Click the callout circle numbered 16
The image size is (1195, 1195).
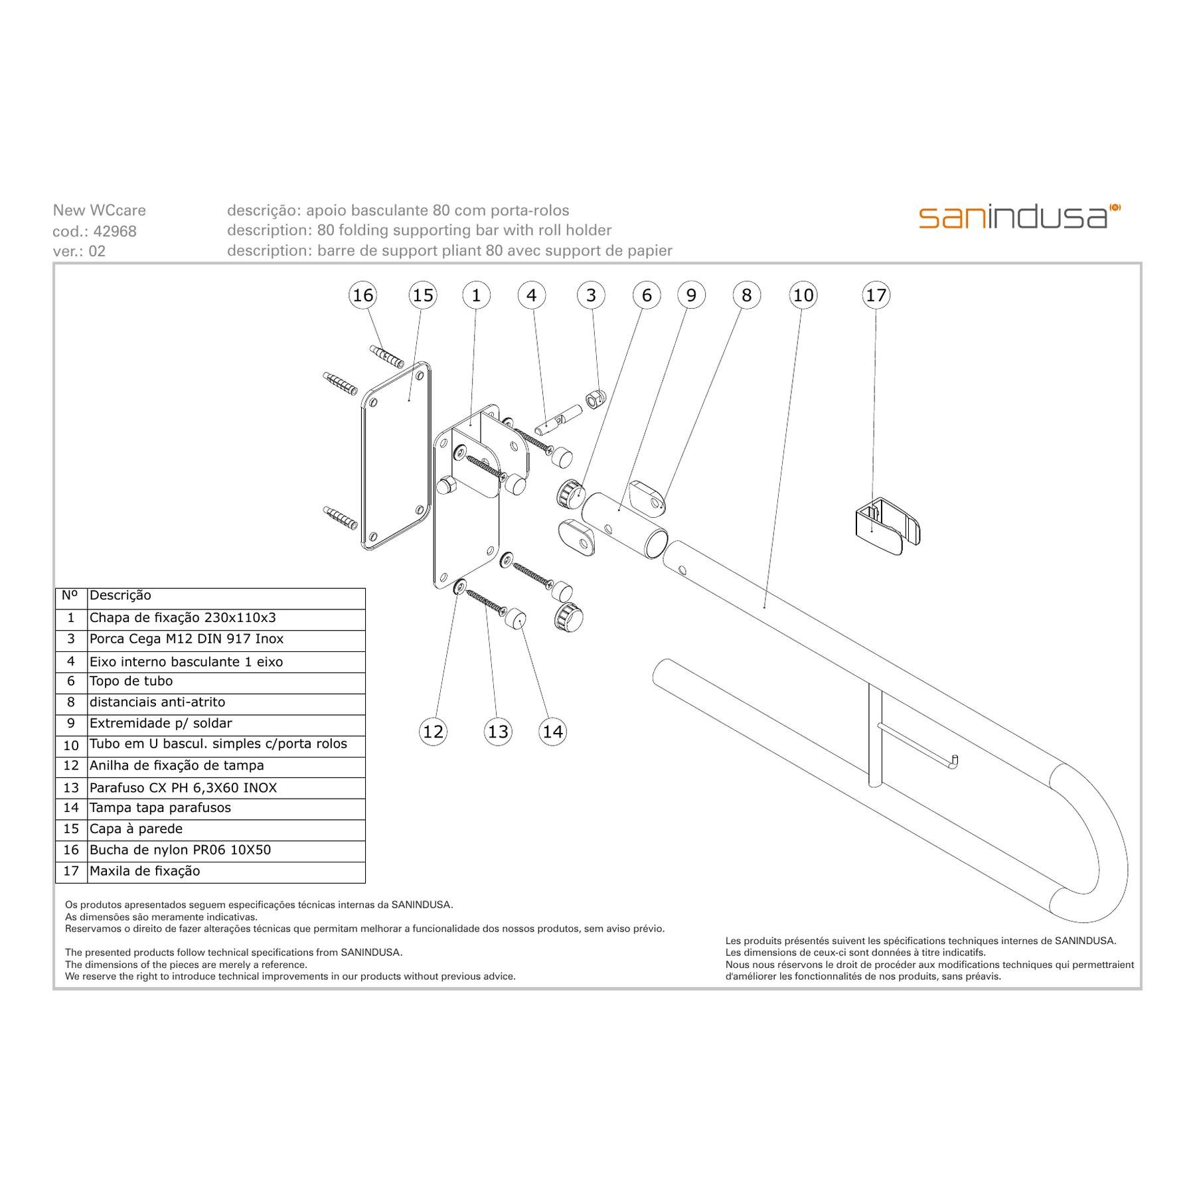(362, 295)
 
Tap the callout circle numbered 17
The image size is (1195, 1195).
(876, 295)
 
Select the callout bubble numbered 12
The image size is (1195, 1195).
(433, 731)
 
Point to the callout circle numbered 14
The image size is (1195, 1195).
(552, 731)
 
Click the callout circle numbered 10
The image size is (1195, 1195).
(803, 295)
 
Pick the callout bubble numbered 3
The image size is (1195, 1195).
(591, 295)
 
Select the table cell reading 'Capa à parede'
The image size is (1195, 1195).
(226, 829)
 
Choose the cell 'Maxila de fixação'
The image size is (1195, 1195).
(226, 872)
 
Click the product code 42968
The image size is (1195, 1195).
(115, 231)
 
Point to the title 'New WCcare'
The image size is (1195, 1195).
(99, 210)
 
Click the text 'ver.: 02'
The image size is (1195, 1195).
(79, 251)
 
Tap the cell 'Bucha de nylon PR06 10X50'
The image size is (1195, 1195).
(226, 850)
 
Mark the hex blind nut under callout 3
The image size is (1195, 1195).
(594, 398)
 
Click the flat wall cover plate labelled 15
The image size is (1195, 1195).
(396, 456)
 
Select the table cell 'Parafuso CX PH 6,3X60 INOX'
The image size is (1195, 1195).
(226, 788)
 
